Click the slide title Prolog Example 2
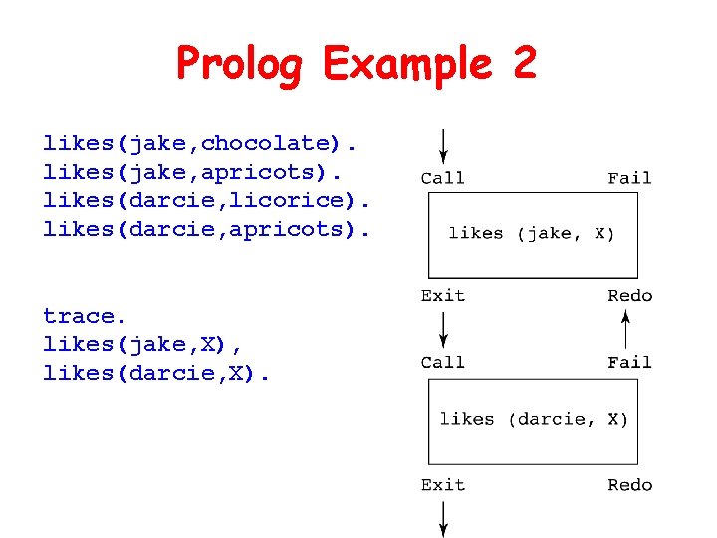pyautogui.click(x=357, y=65)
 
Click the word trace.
pyautogui.click(x=86, y=316)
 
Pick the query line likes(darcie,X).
pyautogui.click(x=157, y=373)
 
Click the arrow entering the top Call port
pyautogui.click(x=443, y=145)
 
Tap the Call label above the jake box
pyautogui.click(x=442, y=179)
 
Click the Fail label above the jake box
pyautogui.click(x=629, y=179)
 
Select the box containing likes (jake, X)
pyautogui.click(x=533, y=235)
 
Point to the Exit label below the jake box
pyautogui.click(x=442, y=296)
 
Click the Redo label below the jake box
pyautogui.click(x=629, y=296)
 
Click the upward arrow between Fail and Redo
pyautogui.click(x=626, y=329)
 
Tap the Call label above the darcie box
pyautogui.click(x=442, y=363)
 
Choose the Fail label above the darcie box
pyautogui.click(x=629, y=363)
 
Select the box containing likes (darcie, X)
pyautogui.click(x=533, y=421)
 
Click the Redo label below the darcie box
pyautogui.click(x=629, y=485)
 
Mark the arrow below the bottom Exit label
pyautogui.click(x=443, y=518)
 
